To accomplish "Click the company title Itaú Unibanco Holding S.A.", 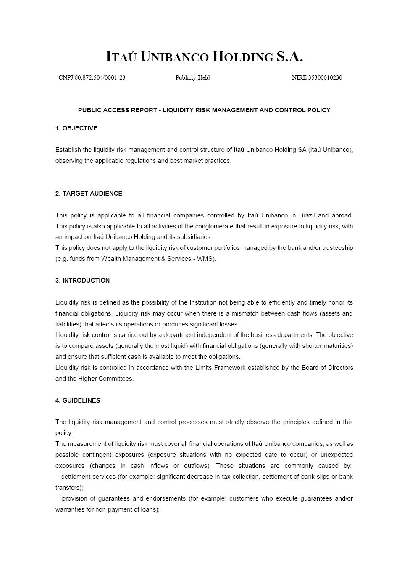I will (x=204, y=56).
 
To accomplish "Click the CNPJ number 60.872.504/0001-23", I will (x=100, y=77).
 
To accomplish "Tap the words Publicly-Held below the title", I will (x=192, y=77).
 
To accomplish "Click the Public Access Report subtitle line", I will (x=204, y=110).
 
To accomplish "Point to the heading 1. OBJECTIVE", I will (x=76, y=128).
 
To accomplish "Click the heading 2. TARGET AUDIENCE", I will (x=89, y=194).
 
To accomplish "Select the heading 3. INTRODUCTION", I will (x=82, y=281).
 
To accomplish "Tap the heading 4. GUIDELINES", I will (x=78, y=400).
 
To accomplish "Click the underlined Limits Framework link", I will (x=220, y=368).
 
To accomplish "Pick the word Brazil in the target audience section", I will (x=307, y=215).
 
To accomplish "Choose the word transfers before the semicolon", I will (x=68, y=488).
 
